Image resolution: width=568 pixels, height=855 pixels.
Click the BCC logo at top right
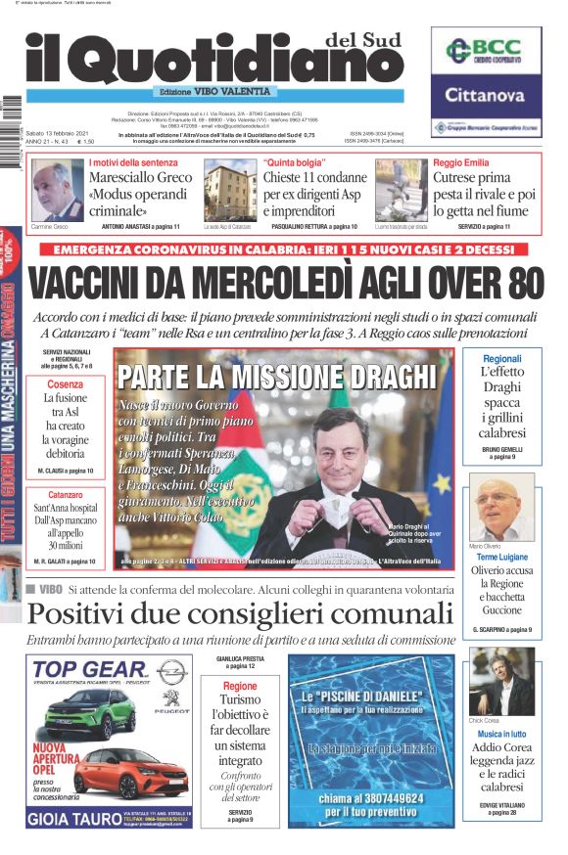(485, 53)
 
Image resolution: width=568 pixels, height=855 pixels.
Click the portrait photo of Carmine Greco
(58, 190)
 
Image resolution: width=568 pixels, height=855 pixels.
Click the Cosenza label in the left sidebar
(65, 384)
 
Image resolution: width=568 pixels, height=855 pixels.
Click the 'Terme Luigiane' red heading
(502, 556)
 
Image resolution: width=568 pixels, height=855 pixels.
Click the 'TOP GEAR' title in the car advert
(90, 670)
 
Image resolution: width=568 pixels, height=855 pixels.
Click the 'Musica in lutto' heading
(502, 734)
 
